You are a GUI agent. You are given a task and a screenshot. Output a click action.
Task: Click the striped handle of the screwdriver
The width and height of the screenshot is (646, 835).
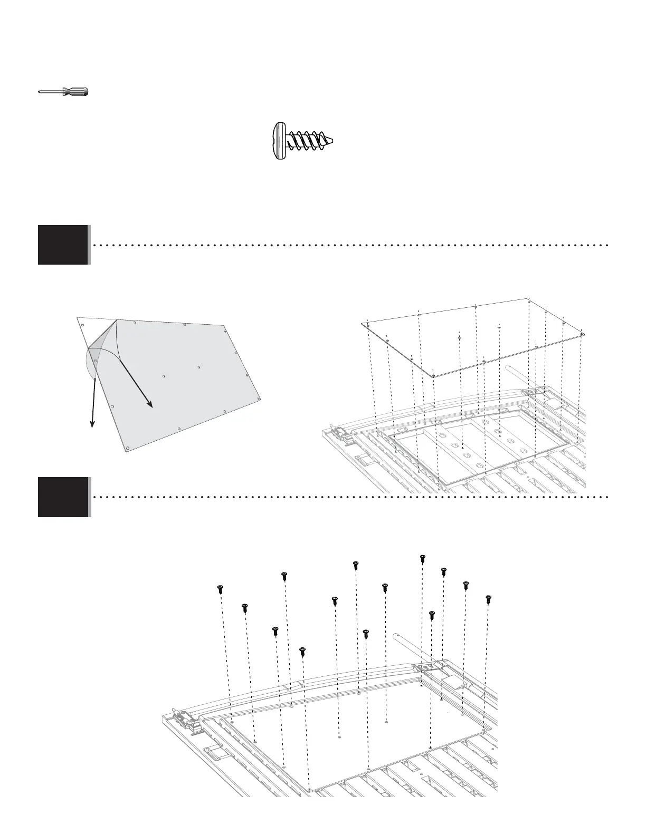point(75,92)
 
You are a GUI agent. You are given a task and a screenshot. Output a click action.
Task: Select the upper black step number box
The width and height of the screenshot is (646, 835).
point(63,245)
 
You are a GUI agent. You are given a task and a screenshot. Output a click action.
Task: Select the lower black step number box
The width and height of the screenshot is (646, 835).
point(63,497)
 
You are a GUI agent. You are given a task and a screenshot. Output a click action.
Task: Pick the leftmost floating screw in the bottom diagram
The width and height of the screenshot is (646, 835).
point(220,589)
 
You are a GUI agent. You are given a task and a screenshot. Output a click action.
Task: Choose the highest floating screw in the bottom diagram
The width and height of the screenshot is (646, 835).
point(422,558)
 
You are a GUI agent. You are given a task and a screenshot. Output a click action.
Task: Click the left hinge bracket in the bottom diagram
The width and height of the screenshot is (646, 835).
point(186,718)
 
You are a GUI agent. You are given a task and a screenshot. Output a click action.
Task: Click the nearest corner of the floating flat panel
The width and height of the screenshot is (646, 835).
point(433,376)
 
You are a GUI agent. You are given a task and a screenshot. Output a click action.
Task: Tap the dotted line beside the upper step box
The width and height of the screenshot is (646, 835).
point(348,245)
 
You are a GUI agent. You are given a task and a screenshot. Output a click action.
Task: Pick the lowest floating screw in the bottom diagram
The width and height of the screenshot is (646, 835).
point(302,652)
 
